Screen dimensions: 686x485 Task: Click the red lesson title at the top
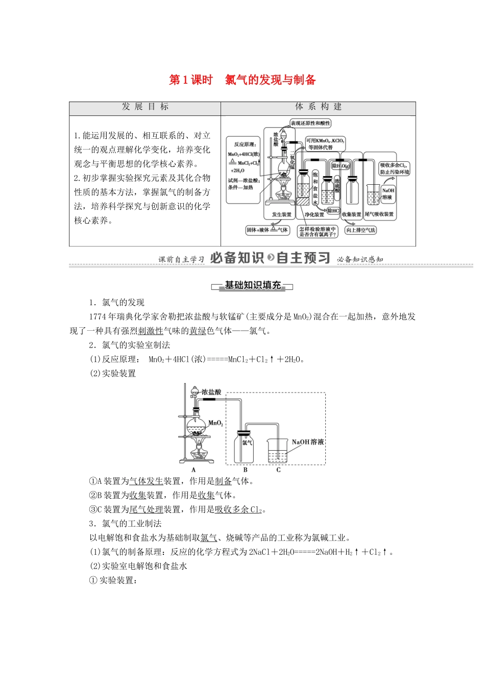(x=243, y=80)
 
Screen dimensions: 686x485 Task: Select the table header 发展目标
(x=145, y=107)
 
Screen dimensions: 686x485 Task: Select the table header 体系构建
(x=318, y=107)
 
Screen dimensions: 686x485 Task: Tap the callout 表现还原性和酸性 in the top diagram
(x=310, y=123)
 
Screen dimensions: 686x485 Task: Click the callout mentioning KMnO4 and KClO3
(x=325, y=143)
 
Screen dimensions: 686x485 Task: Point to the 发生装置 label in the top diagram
(x=281, y=214)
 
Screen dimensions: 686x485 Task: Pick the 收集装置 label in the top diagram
(x=351, y=214)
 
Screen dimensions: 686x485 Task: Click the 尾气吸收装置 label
(x=379, y=214)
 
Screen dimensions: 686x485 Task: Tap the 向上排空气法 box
(x=360, y=230)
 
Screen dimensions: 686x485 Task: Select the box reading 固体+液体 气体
(x=267, y=230)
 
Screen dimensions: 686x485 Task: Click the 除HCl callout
(x=333, y=210)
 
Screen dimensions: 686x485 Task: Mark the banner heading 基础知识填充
(x=253, y=285)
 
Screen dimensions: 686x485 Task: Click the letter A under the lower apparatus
(x=193, y=470)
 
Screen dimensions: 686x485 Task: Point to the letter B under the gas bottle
(x=245, y=470)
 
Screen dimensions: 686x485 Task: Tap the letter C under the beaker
(x=278, y=470)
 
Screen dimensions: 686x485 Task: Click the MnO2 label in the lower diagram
(x=216, y=423)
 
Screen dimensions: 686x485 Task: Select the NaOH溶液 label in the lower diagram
(x=308, y=442)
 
